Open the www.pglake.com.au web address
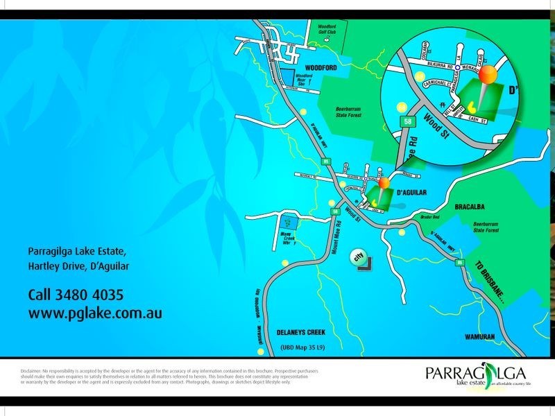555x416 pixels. point(95,313)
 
